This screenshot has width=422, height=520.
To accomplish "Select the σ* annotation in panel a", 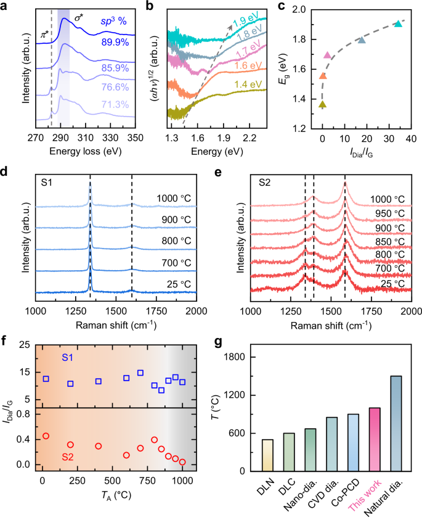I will pyautogui.click(x=79, y=19).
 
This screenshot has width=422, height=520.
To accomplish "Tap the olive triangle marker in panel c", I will pyautogui.click(x=322, y=104).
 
